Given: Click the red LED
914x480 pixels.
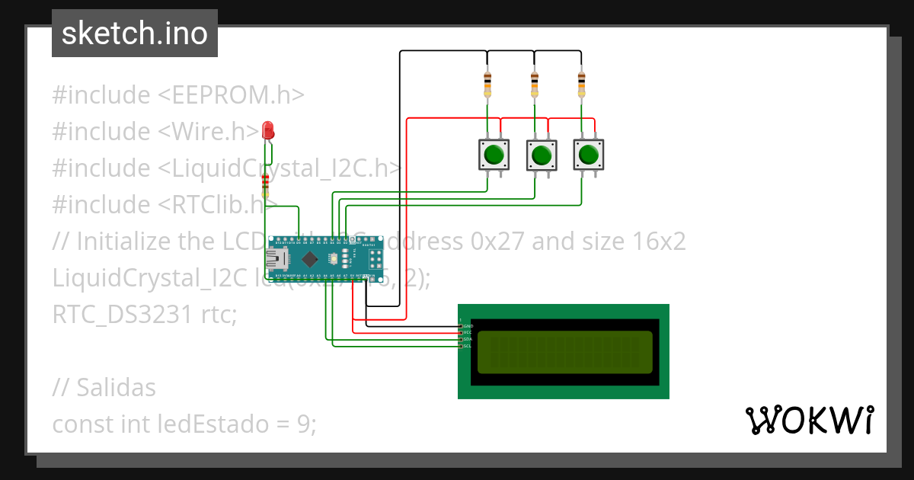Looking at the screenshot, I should pos(267,130).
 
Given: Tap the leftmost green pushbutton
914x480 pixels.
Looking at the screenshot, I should pos(494,155).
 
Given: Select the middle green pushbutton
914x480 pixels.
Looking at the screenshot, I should pos(542,155).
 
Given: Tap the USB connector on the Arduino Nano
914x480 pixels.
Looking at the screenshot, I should pos(277,259).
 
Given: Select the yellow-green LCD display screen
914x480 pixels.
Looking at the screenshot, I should pos(564,352).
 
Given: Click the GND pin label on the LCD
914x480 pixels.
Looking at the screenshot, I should pos(468,326).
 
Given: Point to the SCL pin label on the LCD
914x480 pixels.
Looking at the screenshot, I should pos(468,346).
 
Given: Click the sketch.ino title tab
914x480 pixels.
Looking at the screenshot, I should pos(135,34).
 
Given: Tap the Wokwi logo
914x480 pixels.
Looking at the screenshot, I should pos(808,421).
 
